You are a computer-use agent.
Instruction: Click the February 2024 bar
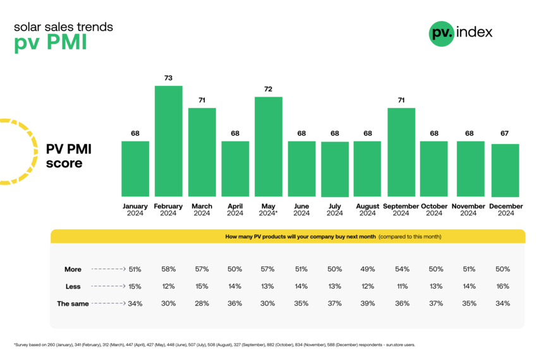(x=169, y=141)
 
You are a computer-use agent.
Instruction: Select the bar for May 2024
(x=269, y=147)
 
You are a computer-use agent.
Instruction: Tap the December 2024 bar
(x=506, y=170)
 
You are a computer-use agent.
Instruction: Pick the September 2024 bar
(x=401, y=152)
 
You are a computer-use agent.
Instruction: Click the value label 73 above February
(x=169, y=78)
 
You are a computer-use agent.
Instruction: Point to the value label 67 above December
(x=506, y=133)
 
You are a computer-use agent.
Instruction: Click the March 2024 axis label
(x=202, y=210)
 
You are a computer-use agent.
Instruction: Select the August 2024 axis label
(x=367, y=210)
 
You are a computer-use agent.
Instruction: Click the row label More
(x=73, y=269)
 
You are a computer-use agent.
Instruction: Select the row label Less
(x=73, y=286)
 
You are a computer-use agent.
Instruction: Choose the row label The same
(x=73, y=303)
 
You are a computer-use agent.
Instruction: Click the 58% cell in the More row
(x=169, y=269)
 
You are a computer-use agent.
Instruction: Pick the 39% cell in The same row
(x=367, y=303)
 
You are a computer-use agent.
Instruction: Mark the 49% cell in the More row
(x=367, y=269)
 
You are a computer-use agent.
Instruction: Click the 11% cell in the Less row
(x=401, y=286)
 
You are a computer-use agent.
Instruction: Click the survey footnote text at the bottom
(x=214, y=345)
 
